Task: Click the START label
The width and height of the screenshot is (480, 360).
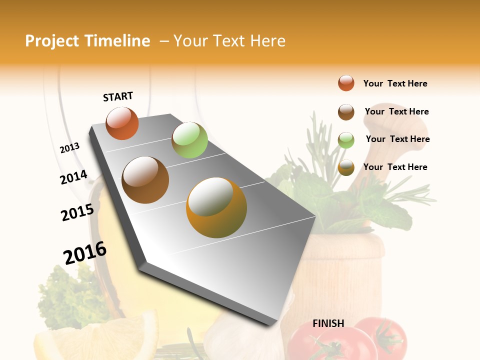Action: click(x=118, y=96)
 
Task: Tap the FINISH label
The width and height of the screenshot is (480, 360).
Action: click(x=328, y=323)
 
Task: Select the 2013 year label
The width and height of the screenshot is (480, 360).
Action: click(x=69, y=148)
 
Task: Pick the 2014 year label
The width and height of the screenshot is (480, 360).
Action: click(x=73, y=177)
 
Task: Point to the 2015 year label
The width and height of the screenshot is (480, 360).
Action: click(x=77, y=212)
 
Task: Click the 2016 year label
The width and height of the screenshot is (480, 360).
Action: click(x=85, y=253)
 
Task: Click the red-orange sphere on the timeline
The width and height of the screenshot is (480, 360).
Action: click(x=122, y=123)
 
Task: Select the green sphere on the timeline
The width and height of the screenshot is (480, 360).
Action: click(x=189, y=139)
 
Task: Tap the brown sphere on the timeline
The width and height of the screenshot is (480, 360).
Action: click(x=145, y=180)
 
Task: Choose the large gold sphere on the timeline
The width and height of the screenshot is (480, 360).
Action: click(x=216, y=207)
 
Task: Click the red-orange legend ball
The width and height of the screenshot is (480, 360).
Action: click(x=346, y=83)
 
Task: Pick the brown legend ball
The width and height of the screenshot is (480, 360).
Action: click(x=346, y=112)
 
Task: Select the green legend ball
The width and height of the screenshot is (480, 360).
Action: click(x=346, y=140)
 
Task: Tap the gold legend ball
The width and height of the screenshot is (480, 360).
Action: click(x=346, y=167)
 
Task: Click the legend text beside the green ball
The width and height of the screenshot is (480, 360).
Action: click(x=397, y=139)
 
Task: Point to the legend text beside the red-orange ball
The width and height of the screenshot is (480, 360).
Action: click(x=395, y=83)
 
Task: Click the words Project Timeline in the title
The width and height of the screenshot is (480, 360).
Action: click(x=87, y=41)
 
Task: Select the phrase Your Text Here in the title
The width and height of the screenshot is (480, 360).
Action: click(x=229, y=41)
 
